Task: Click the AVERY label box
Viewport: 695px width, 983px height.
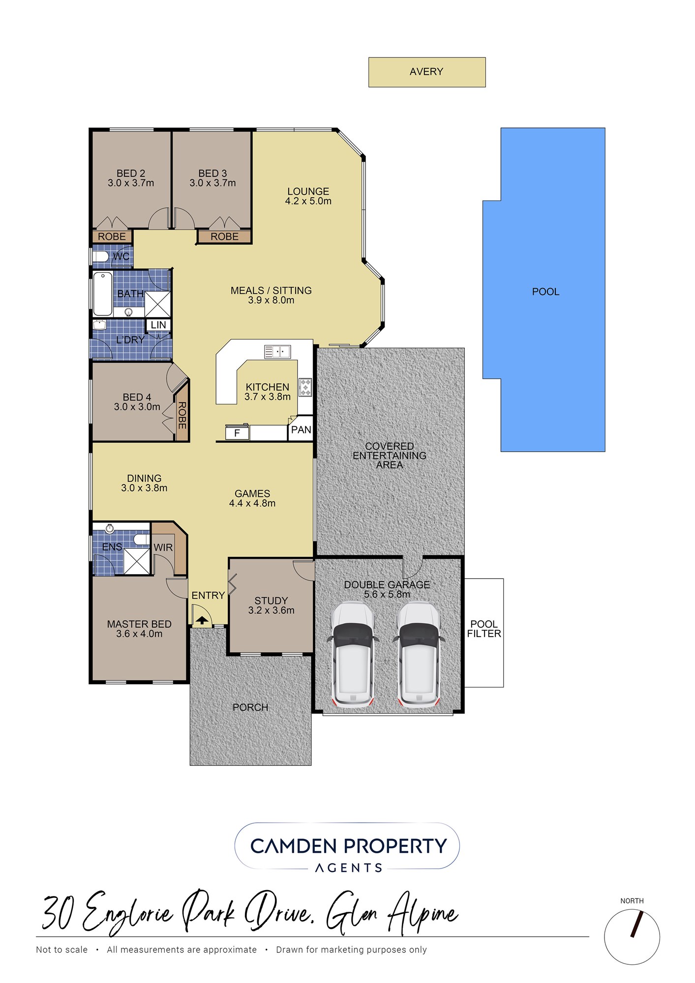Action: tap(427, 72)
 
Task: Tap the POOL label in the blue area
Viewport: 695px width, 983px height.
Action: tap(545, 291)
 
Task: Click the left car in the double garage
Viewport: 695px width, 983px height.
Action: tap(353, 655)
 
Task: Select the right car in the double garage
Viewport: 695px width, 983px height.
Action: tap(419, 655)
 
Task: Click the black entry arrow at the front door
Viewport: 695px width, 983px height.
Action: tap(202, 620)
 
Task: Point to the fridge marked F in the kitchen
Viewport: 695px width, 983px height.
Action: tap(237, 433)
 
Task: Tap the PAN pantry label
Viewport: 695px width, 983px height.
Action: tap(301, 430)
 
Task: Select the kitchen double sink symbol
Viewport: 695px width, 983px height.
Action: tap(277, 352)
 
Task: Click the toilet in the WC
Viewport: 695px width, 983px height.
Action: tap(101, 256)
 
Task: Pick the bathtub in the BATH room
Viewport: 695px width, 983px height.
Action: tap(103, 293)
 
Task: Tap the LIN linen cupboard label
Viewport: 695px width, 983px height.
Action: tap(158, 325)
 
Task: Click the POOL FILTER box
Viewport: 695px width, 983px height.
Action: tap(484, 633)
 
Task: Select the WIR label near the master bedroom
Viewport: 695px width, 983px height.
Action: tap(163, 548)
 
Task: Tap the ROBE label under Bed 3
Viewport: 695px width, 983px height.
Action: tap(225, 236)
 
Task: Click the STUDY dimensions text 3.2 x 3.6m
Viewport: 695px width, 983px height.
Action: tap(272, 610)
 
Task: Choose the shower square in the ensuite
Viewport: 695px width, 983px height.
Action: tap(137, 561)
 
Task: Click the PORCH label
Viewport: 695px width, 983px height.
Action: tap(250, 707)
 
